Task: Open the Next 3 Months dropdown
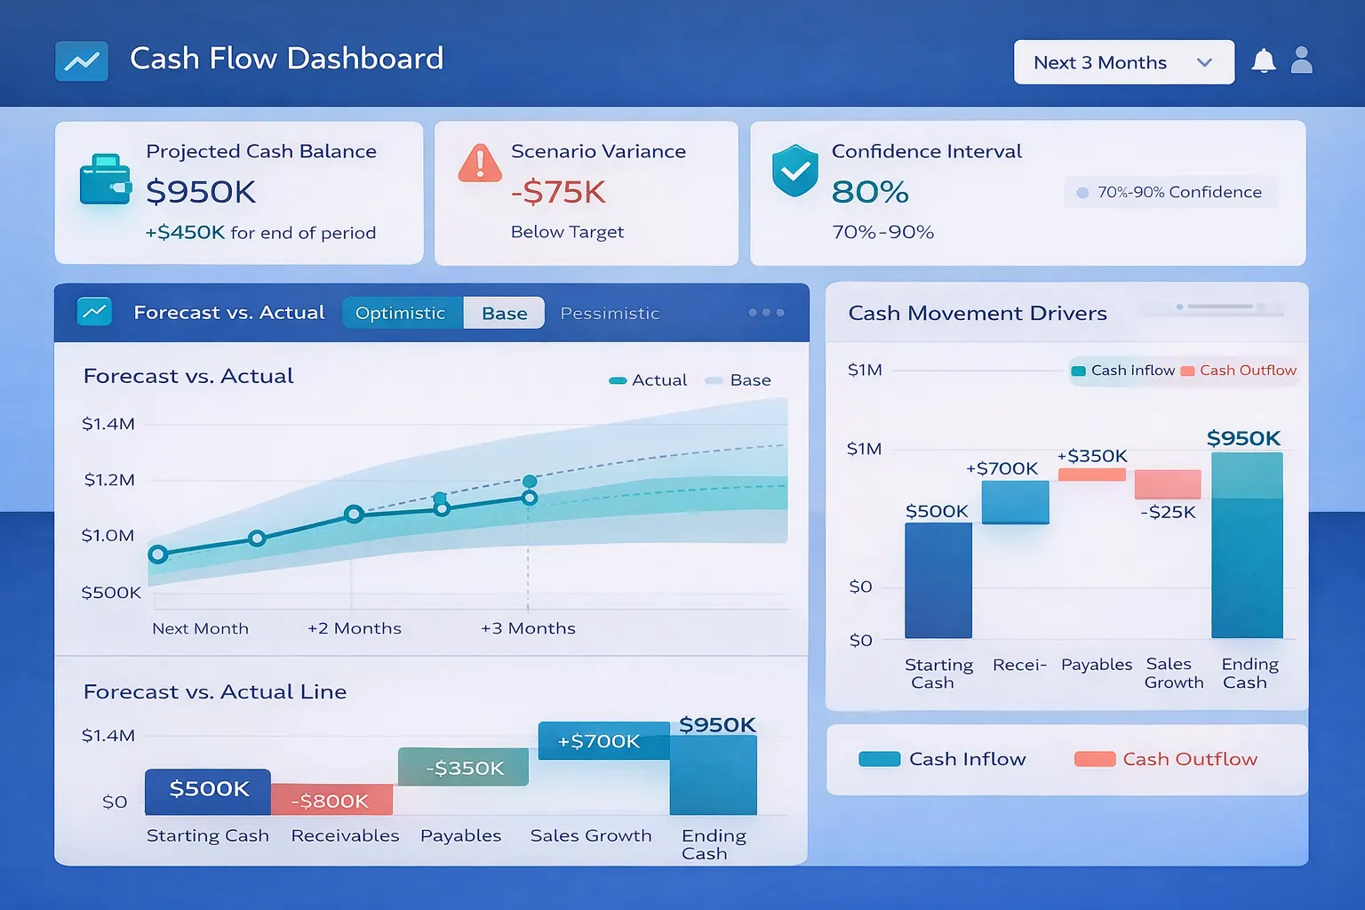[x=1123, y=62]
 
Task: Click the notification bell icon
[x=1263, y=60]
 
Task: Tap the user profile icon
[x=1301, y=60]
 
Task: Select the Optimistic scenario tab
[x=401, y=313]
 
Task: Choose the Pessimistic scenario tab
[x=610, y=313]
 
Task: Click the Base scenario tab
[x=504, y=313]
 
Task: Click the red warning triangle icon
[x=480, y=164]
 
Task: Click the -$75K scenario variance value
[x=558, y=192]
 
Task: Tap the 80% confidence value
[x=870, y=192]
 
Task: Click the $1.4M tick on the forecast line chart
[x=108, y=424]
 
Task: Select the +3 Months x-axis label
[x=528, y=628]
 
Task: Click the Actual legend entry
[x=648, y=380]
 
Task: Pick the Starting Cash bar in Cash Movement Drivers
[x=938, y=580]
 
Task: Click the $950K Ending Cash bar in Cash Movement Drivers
[x=1247, y=545]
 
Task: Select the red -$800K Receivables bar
[x=331, y=800]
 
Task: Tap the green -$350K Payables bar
[x=463, y=767]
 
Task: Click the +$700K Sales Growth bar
[x=603, y=740]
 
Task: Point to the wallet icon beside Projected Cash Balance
[x=104, y=180]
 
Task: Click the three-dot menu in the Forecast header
[x=766, y=313]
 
